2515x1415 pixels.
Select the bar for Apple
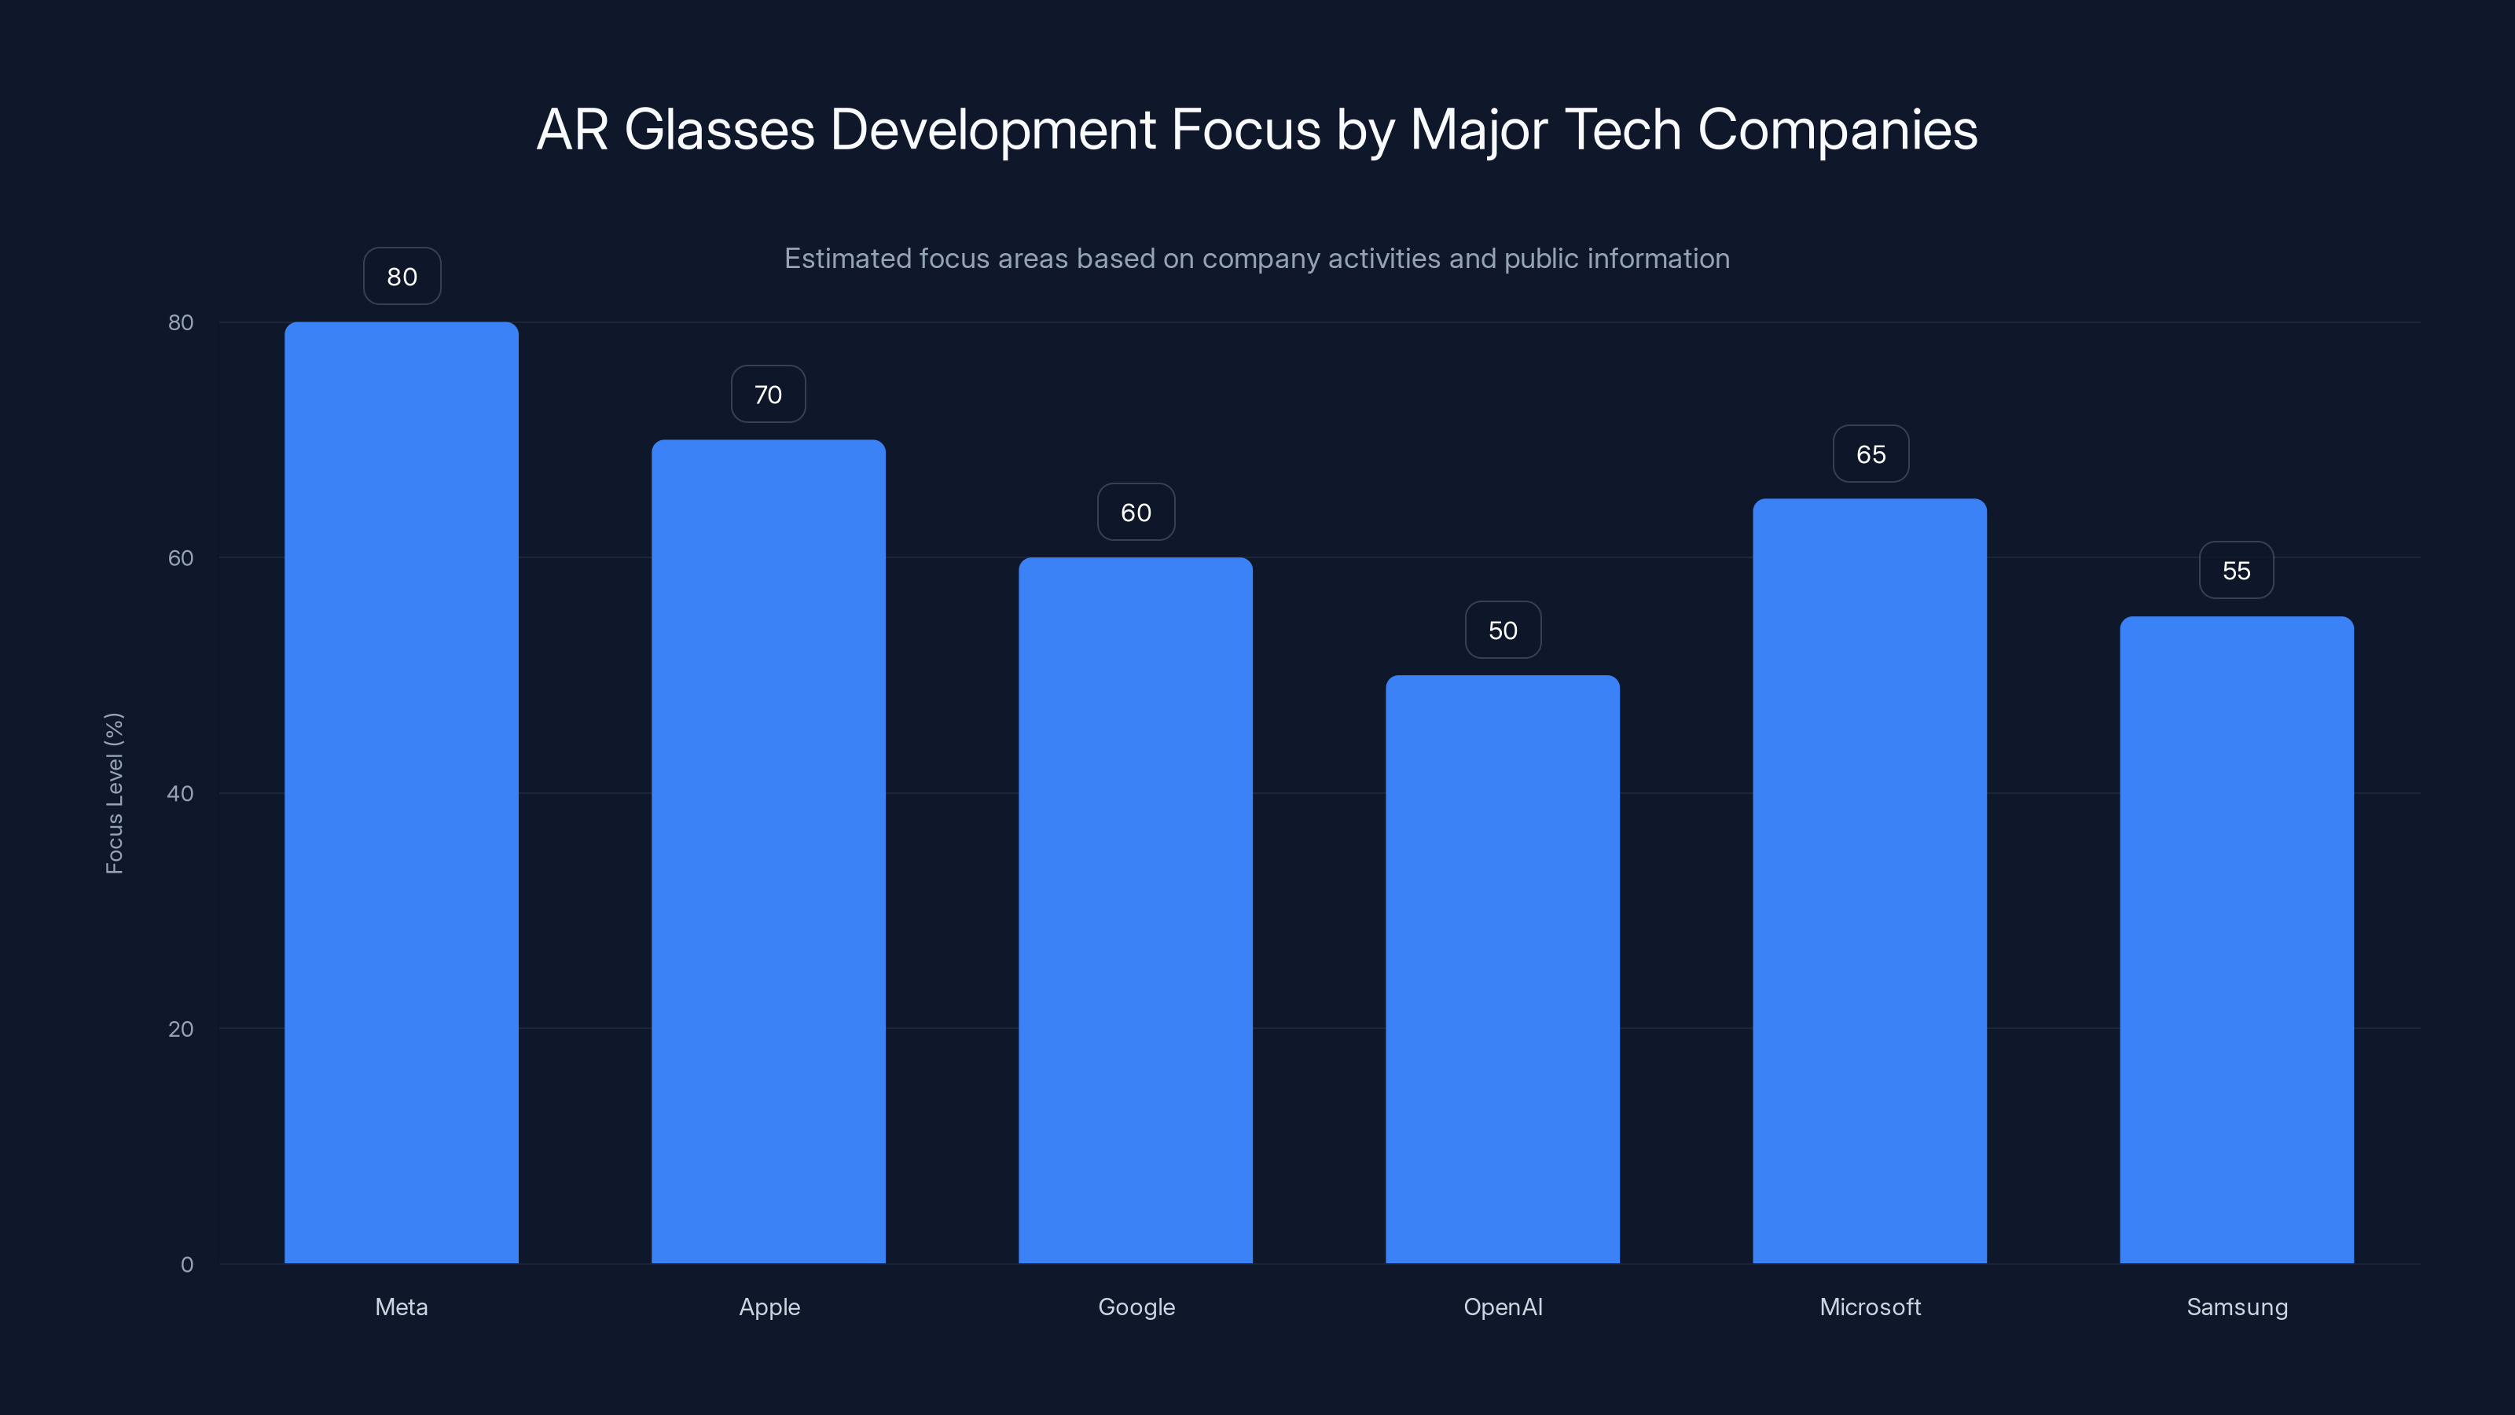[769, 851]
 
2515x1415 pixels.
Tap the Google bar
[1136, 910]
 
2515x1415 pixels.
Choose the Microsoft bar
[1870, 880]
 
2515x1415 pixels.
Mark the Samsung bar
[2237, 939]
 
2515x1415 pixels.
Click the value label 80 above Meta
[402, 277]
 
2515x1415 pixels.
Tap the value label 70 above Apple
[769, 395]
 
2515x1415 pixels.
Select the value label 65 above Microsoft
[1871, 454]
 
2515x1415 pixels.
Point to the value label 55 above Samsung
[2236, 570]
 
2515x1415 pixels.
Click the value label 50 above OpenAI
[1503, 630]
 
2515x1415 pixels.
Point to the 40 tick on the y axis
[181, 793]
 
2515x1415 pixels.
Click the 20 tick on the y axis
[181, 1028]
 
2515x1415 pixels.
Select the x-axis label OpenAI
[1503, 1307]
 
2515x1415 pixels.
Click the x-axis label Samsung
[2237, 1307]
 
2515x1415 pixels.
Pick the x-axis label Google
[1136, 1307]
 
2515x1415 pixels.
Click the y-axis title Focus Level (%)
[114, 793]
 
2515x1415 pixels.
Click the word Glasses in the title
[718, 130]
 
